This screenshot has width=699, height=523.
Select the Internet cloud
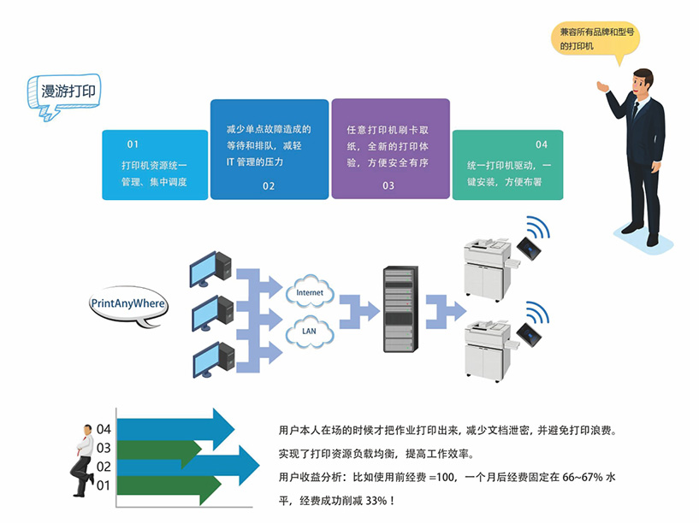coord(309,293)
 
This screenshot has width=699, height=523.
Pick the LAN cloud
coord(309,330)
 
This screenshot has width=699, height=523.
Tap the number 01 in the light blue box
coord(133,144)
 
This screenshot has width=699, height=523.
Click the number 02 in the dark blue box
coord(269,185)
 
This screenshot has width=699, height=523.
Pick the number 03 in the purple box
coord(388,185)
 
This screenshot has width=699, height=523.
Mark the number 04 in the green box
coord(542,144)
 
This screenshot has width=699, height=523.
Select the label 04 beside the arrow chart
coord(104,429)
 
